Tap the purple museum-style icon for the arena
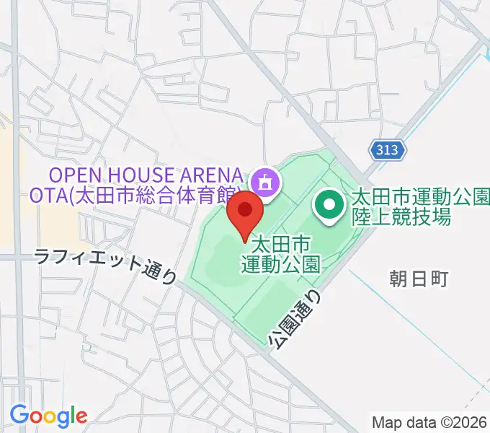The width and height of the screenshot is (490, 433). (x=265, y=182)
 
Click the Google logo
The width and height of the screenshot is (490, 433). (x=48, y=416)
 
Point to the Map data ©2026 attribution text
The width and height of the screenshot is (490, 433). (x=429, y=421)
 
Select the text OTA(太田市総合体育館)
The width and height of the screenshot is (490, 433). (x=135, y=196)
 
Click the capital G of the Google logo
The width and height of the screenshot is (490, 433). (x=19, y=415)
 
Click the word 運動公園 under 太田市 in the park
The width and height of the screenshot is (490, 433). (x=280, y=261)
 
